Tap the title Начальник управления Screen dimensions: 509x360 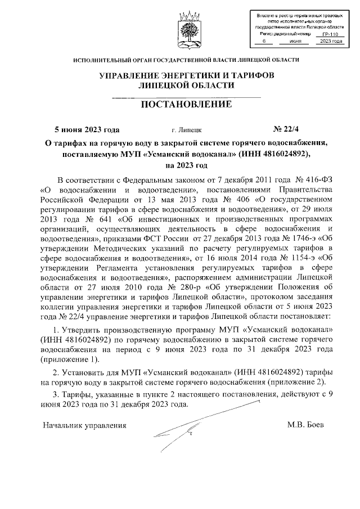coord(84,425)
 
